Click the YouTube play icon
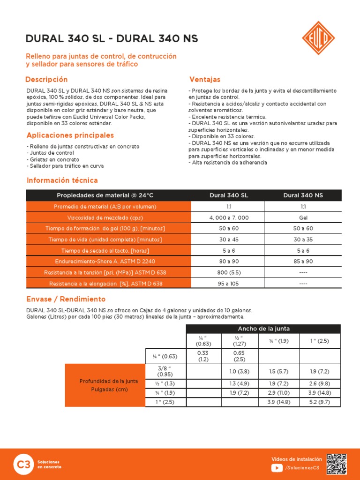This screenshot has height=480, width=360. click(x=277, y=467)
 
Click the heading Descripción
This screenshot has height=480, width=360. click(x=46, y=80)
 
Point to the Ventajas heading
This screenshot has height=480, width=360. click(x=205, y=80)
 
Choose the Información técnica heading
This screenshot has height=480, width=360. click(x=62, y=180)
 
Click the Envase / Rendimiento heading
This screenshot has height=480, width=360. click(x=66, y=299)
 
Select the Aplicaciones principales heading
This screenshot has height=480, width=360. click(x=70, y=135)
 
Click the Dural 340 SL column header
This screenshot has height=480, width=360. click(x=229, y=195)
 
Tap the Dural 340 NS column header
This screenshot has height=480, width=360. click(x=303, y=195)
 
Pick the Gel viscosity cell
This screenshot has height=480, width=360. click(x=303, y=217)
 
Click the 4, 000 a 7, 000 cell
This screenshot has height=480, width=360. click(x=229, y=217)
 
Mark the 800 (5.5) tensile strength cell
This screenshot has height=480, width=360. click(x=229, y=272)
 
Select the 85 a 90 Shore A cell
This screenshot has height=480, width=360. click(x=303, y=262)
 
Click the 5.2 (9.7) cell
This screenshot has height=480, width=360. click(x=320, y=402)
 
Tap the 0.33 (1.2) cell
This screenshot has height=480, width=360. click(x=203, y=356)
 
